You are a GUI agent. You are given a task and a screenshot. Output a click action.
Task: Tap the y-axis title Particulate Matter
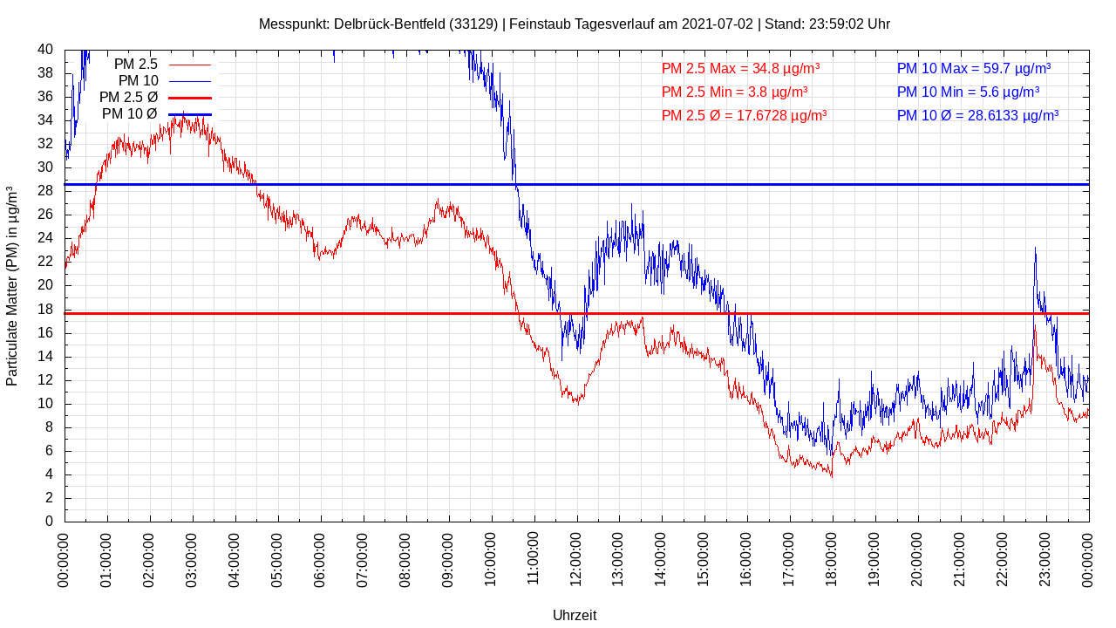(12, 285)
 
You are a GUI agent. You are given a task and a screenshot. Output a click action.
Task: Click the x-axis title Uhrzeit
(575, 615)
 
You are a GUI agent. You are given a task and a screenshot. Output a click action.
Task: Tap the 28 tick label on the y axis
(45, 191)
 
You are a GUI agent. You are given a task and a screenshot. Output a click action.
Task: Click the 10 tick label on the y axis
(45, 404)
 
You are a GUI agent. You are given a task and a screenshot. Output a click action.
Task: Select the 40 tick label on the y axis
(45, 50)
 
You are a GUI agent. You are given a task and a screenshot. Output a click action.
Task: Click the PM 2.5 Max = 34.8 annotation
(740, 68)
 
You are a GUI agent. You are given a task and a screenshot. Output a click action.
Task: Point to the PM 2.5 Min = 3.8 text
(734, 92)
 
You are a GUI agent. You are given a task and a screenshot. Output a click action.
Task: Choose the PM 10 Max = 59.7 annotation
(973, 68)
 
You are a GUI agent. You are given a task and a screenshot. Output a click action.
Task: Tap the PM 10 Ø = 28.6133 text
(977, 115)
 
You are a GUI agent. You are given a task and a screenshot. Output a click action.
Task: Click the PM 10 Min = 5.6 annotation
(968, 92)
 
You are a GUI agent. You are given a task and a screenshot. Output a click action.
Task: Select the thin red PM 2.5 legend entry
(162, 64)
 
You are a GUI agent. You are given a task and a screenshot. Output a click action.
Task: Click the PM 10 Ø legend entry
(156, 113)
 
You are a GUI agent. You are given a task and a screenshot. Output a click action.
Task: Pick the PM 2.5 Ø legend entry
(155, 97)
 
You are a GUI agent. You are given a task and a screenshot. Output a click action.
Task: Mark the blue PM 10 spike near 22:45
(1035, 249)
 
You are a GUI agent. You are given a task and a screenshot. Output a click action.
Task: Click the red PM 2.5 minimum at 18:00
(832, 475)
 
